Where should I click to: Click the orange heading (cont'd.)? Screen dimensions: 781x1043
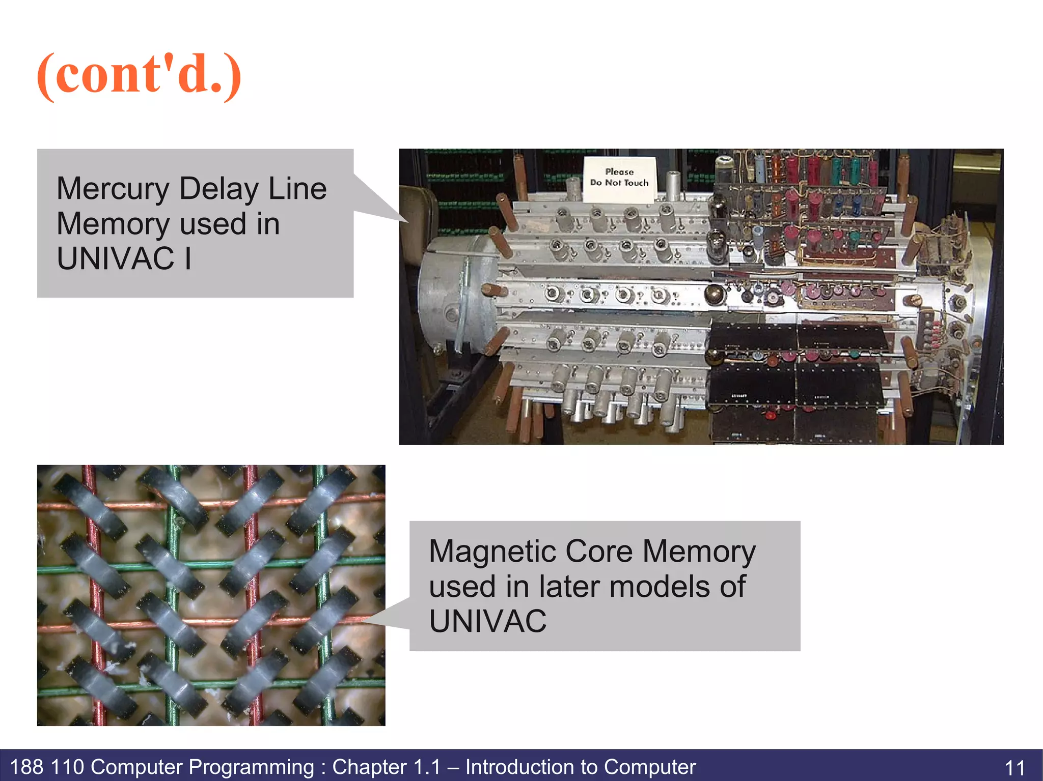[139, 75]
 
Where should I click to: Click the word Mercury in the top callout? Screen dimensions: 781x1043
[113, 189]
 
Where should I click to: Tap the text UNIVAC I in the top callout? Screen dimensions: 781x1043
[124, 258]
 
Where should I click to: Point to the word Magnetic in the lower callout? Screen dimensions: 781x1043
[492, 551]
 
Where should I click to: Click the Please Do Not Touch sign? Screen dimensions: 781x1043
[619, 178]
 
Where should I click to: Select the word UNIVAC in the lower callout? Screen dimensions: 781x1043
[487, 621]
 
